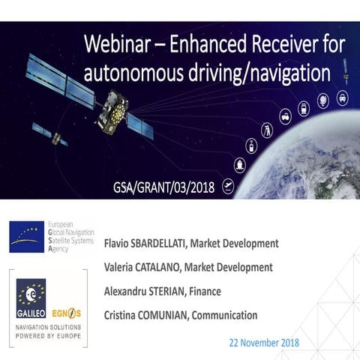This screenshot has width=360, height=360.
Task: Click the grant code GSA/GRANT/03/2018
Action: click(x=157, y=185)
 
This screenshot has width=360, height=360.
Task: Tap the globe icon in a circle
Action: click(x=323, y=99)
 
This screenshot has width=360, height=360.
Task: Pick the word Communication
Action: click(x=223, y=315)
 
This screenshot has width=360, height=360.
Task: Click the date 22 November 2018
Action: click(x=264, y=342)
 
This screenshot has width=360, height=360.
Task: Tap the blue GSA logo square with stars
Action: click(x=27, y=237)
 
